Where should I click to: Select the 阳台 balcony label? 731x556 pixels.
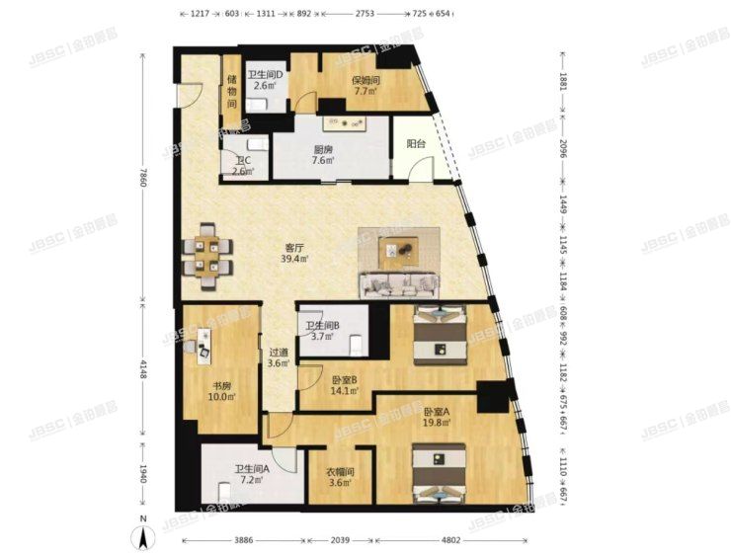coord(416,143)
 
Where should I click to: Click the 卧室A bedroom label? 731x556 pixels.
coord(436,412)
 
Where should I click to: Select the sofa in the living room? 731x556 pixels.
coord(400,284)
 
